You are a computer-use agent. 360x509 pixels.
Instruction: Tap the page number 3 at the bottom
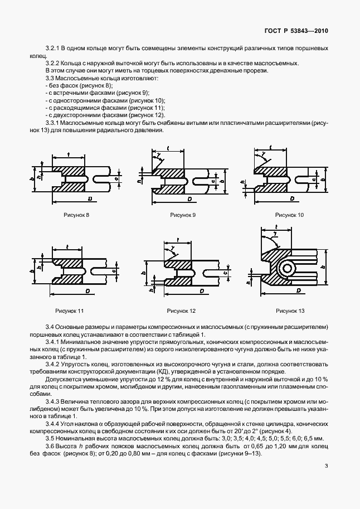[327, 466]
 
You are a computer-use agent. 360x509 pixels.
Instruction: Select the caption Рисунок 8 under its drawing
[76, 215]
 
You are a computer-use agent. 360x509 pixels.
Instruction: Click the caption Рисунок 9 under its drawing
[183, 215]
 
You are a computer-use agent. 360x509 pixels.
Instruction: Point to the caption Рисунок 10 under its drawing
[289, 215]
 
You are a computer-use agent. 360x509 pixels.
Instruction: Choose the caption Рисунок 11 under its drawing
[69, 310]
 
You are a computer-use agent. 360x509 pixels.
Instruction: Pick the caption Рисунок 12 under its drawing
[181, 311]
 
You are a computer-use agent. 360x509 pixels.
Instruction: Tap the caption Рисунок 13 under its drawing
[290, 311]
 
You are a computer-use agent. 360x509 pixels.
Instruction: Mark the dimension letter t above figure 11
[67, 246]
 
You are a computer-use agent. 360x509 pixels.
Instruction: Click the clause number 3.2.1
[52, 50]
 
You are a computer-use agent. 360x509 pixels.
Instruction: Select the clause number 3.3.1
[52, 122]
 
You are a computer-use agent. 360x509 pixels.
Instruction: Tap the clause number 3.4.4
[52, 423]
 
